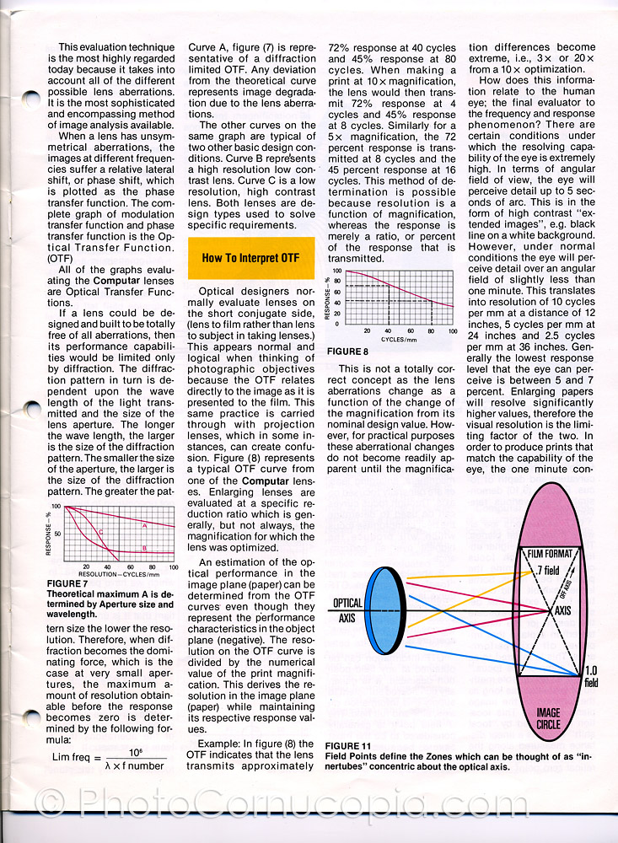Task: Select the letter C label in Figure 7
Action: (x=100, y=532)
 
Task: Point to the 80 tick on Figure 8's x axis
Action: (x=431, y=331)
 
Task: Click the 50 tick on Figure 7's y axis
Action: (x=57, y=534)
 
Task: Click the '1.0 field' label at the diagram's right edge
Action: (x=591, y=676)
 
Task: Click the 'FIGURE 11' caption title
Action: (x=347, y=746)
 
